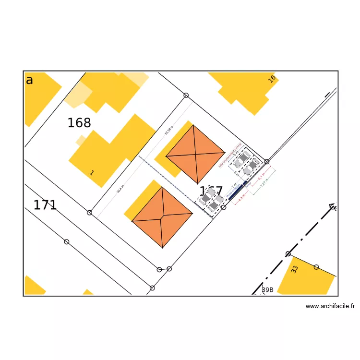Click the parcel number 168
point(79,123)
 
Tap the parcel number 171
point(45,205)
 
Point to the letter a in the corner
point(29,80)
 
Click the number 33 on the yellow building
point(295,270)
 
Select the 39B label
point(267,289)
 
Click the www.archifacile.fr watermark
point(330,306)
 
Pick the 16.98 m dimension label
point(168,130)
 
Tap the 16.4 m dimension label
point(120,189)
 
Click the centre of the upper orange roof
point(195,155)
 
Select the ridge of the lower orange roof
point(162,217)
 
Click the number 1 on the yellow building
point(92,172)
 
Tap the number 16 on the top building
point(272,79)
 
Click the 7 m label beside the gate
point(234,185)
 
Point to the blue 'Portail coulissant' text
point(232,190)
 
